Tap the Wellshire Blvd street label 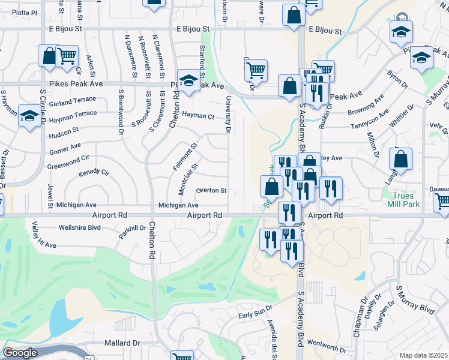point(79,227)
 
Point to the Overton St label point(211,191)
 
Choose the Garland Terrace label point(73,103)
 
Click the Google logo point(20,353)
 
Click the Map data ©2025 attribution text point(424,355)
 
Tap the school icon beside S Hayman point(28,116)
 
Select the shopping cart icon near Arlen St point(67,56)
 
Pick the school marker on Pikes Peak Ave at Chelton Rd point(188,82)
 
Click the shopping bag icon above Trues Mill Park point(400,159)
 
